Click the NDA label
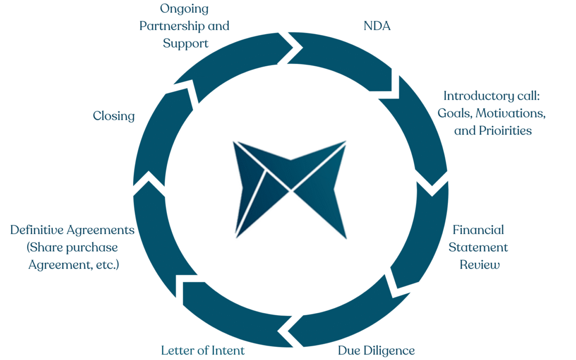coord(377,25)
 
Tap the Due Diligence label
coord(376,350)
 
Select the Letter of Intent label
coord(203,350)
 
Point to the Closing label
coord(114,116)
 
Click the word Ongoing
coord(184,9)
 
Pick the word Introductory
coord(474,96)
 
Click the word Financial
coord(478,230)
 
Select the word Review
coord(480,265)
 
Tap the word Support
coord(186,43)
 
